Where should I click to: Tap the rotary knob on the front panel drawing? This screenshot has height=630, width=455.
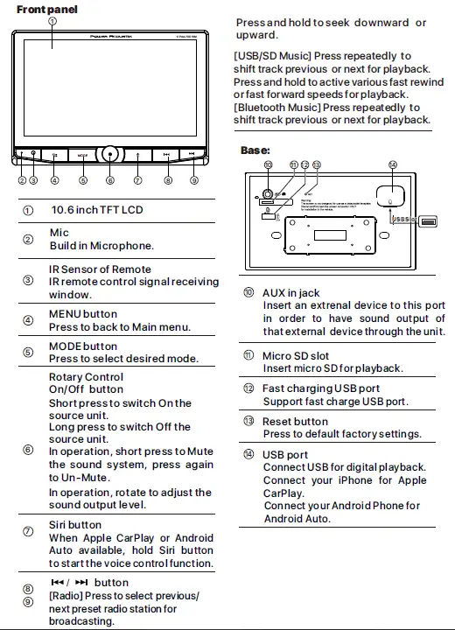click(110, 154)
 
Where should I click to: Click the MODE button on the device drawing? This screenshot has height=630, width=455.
click(82, 155)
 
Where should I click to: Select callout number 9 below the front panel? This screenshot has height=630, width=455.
click(194, 180)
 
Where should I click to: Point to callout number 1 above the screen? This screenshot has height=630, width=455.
click(52, 20)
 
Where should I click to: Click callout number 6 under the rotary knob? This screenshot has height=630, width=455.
click(110, 180)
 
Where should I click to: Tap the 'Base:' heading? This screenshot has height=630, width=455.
click(255, 150)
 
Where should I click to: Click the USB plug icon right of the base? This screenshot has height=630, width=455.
click(428, 221)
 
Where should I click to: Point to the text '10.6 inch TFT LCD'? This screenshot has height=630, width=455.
click(96, 210)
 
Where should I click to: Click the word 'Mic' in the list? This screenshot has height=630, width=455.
click(59, 233)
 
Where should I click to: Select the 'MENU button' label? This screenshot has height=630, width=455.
click(83, 314)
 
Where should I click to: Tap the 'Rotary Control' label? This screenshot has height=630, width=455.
click(86, 377)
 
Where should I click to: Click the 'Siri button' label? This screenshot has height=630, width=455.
click(75, 525)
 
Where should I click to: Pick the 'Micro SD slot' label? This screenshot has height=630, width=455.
click(296, 355)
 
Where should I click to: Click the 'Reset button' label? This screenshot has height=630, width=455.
click(296, 422)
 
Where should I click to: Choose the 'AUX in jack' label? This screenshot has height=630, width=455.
click(291, 293)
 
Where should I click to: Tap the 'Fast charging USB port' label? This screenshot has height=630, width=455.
click(321, 388)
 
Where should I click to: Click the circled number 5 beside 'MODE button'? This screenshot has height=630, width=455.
click(28, 352)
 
